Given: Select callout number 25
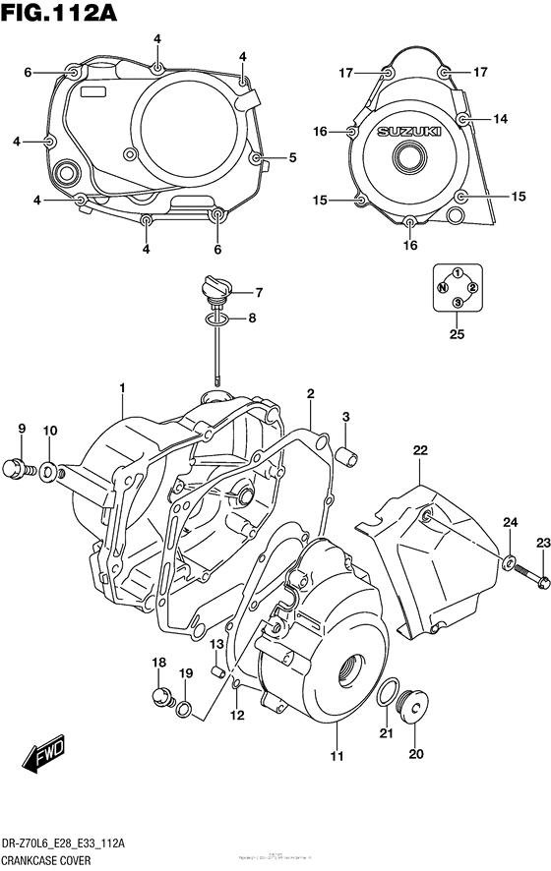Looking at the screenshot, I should tap(457, 334).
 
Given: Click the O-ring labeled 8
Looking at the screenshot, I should tap(217, 318).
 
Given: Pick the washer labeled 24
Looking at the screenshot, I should tap(510, 564).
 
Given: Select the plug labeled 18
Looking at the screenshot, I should tap(157, 697).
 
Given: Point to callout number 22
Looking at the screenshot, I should tap(420, 450).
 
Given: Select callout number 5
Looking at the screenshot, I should tap(292, 157).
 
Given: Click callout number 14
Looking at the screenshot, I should tap(500, 119).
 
